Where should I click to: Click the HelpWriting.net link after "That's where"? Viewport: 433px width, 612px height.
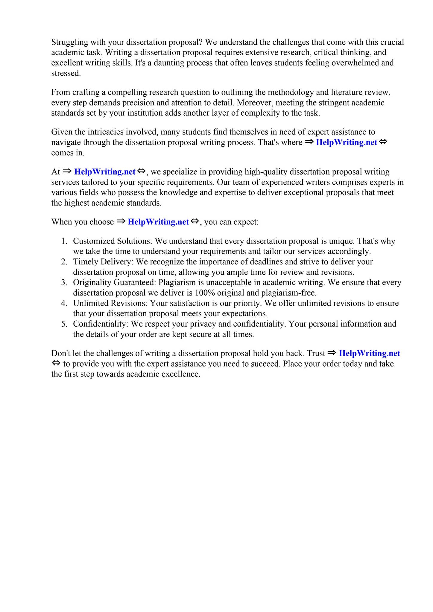346,142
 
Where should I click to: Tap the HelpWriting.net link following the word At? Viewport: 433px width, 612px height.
105,172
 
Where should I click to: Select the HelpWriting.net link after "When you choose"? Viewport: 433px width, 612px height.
158,222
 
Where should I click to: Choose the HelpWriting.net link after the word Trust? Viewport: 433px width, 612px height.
369,354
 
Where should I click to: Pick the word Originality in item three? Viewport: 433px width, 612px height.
92,282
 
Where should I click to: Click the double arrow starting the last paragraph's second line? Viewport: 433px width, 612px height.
56,364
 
